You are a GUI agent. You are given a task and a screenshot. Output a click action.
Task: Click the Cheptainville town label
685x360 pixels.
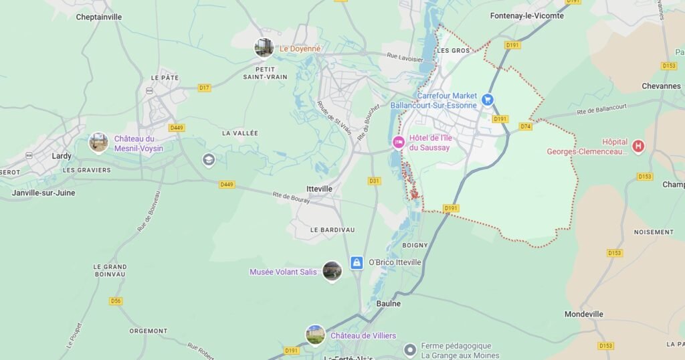pos(98,17)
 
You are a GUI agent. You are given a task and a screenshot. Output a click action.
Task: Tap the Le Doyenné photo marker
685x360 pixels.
pos(264,48)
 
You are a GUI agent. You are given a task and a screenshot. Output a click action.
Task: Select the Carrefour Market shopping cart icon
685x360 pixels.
pos(488,100)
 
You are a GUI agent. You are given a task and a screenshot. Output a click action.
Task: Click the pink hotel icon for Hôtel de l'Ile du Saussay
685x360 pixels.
pos(398,143)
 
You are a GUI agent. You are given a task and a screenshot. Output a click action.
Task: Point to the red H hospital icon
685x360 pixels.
pos(638,146)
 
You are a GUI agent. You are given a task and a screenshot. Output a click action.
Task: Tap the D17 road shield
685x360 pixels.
pos(204,88)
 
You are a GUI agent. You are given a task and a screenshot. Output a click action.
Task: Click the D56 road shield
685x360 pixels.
pos(116,301)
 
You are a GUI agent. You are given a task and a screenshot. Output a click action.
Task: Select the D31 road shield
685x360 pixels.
pos(374,181)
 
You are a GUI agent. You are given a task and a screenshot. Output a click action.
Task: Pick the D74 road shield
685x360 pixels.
pos(525,126)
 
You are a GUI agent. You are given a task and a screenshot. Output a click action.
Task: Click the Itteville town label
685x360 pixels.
pos(318,189)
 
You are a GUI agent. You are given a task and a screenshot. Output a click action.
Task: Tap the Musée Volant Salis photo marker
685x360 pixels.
pos(332,270)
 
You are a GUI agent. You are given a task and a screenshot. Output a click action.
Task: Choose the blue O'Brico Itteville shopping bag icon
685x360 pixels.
pos(357,262)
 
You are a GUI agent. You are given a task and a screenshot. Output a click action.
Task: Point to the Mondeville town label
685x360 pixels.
pos(583,314)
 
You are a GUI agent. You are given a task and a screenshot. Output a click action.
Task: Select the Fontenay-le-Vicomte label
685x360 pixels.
pos(526,16)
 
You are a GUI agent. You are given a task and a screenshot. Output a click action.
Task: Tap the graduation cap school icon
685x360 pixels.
pos(209,159)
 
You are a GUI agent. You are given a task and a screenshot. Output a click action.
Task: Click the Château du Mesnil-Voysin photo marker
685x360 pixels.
pos(99,142)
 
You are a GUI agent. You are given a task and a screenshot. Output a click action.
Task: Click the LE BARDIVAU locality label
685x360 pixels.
pos(332,230)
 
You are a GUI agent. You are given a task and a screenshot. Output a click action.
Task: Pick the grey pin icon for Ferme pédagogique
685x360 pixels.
pos(410,350)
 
